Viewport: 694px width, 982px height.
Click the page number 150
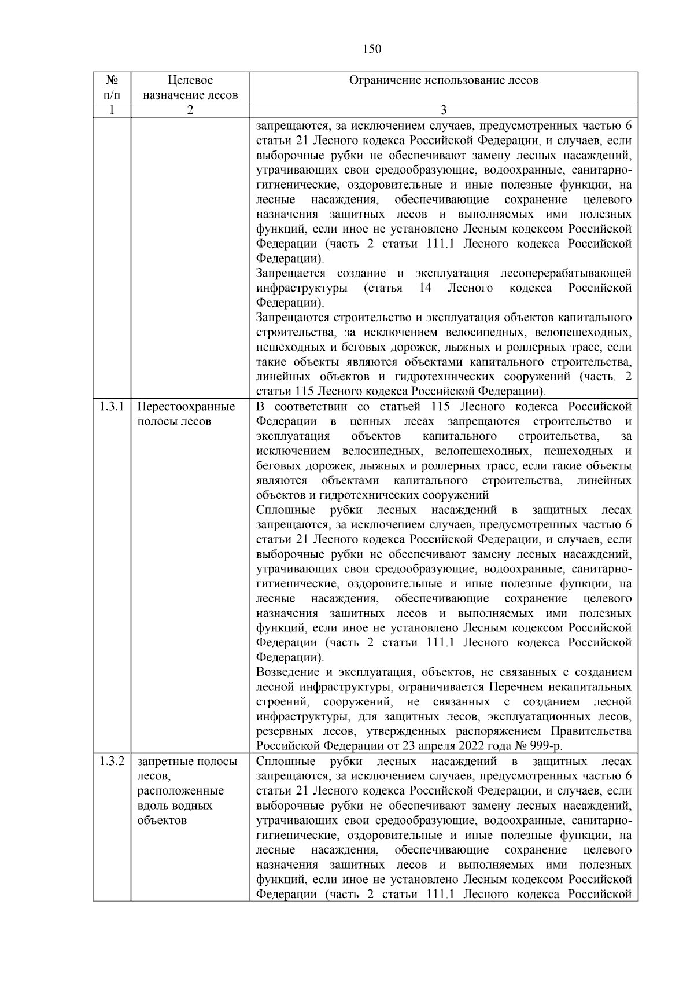[x=372, y=49]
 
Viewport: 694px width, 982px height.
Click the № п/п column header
[x=112, y=87]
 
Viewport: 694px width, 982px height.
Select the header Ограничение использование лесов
[x=444, y=80]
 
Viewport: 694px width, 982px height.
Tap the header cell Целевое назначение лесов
[x=190, y=87]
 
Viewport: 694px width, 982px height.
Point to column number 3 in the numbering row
[x=444, y=110]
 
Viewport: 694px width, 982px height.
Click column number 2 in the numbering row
[x=190, y=110]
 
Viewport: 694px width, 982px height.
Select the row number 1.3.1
[x=112, y=407]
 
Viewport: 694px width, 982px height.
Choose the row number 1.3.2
[x=112, y=762]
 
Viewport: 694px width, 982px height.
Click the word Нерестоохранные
[x=186, y=407]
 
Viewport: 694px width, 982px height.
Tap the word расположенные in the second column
[x=180, y=791]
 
